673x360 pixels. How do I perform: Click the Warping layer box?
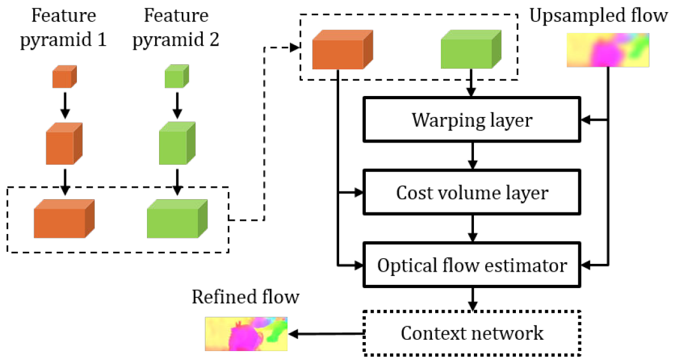click(x=471, y=120)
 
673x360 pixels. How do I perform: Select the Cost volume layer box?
click(x=471, y=192)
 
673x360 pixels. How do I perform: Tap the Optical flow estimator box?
click(x=471, y=265)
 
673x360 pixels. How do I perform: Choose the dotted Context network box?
click(x=471, y=332)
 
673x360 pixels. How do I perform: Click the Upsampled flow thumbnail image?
click(x=607, y=50)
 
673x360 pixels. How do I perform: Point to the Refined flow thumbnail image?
click(x=246, y=333)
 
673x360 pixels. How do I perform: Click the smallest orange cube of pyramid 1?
click(x=64, y=78)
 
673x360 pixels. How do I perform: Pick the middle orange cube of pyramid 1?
click(x=64, y=144)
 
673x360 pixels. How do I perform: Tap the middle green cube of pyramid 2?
click(x=176, y=144)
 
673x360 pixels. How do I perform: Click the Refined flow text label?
click(x=245, y=297)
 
